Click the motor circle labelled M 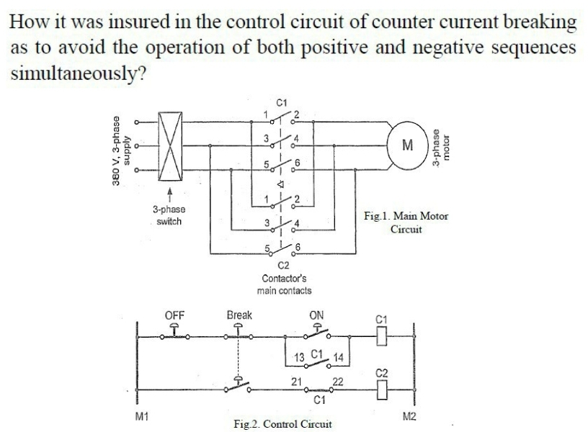point(407,146)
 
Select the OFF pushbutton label point(175,315)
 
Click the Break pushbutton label point(239,315)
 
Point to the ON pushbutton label point(316,315)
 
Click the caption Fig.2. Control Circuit point(282,423)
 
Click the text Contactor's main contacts point(284,284)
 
